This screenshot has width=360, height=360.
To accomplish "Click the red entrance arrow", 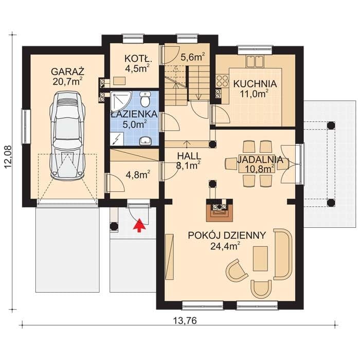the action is point(139,225).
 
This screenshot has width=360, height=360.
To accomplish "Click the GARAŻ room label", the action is point(68,71).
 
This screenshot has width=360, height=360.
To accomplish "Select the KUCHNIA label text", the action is point(255,84).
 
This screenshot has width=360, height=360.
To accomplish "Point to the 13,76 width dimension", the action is point(185,320).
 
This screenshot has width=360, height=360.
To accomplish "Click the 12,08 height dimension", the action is point(8,157).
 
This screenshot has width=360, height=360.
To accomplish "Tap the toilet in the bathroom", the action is point(145,99).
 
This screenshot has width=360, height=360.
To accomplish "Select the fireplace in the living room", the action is point(220,210).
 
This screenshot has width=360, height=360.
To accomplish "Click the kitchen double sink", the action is point(255,61).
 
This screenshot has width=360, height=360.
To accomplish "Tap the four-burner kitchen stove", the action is point(222,81).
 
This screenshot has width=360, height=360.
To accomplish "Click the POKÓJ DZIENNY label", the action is point(227,236).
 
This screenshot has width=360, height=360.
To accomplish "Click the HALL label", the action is point(189,156).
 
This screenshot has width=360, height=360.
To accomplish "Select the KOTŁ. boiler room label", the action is point(138,59).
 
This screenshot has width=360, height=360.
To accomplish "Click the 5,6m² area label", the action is point(192,57).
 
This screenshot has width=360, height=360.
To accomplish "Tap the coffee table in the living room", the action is point(260,259).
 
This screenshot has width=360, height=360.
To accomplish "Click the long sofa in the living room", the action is point(283,254).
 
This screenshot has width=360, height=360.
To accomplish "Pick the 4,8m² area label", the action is point(138,175).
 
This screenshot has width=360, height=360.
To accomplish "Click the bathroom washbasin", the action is point(146,140).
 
